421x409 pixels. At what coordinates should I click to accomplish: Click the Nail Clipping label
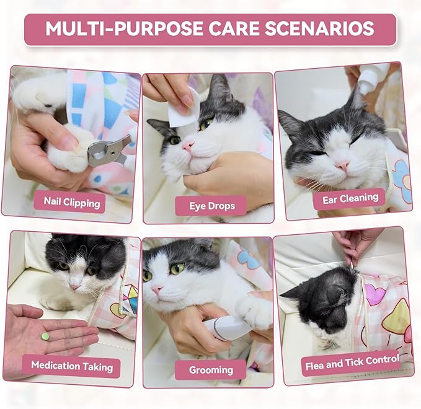[71, 201]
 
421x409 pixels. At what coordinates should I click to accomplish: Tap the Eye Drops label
[211, 205]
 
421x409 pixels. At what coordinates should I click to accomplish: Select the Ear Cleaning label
[350, 198]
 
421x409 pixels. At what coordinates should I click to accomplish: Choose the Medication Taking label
[72, 366]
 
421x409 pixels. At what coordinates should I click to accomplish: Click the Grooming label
[211, 370]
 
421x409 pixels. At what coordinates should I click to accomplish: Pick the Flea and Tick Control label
[350, 364]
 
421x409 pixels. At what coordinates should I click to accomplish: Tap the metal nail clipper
[109, 151]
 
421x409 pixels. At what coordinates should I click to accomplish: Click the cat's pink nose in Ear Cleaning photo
[342, 165]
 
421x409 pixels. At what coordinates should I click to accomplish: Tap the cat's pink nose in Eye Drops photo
[188, 146]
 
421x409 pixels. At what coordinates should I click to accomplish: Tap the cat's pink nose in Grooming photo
[157, 290]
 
